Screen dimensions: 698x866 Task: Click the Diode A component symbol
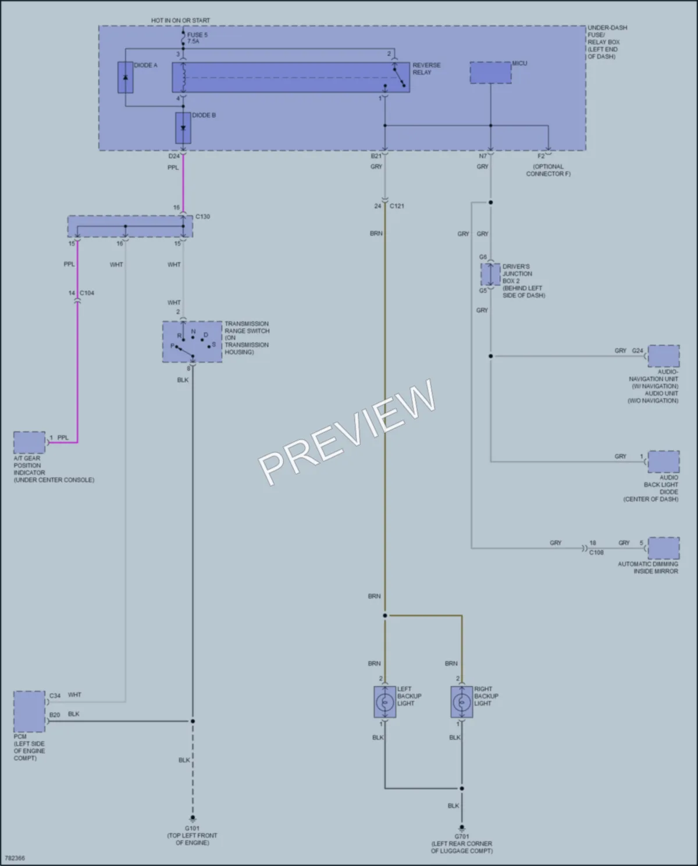pos(125,77)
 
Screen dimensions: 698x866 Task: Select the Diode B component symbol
pos(183,128)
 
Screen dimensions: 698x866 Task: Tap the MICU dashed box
pos(491,73)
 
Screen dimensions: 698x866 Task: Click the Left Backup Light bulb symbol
pos(385,702)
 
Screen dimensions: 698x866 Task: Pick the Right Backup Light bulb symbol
pos(462,702)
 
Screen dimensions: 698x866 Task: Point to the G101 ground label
pos(192,828)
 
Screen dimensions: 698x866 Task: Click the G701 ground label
pos(462,836)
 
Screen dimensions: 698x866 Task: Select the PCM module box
pos(30,711)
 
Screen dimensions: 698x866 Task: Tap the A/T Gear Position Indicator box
pos(30,443)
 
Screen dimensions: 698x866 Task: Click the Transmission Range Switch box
pos(193,341)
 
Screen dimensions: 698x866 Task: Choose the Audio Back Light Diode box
pos(664,462)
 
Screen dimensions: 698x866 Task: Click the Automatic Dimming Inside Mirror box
pos(664,548)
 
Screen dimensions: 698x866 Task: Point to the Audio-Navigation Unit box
pos(664,356)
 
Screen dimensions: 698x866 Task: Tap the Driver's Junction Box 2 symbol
pos(491,275)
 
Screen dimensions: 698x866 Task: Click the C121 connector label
pos(397,206)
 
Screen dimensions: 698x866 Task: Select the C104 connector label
pos(87,293)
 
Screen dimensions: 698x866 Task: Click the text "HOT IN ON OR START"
pos(180,20)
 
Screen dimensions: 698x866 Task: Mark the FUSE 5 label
pos(197,35)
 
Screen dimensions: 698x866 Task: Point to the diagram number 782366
pos(15,858)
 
